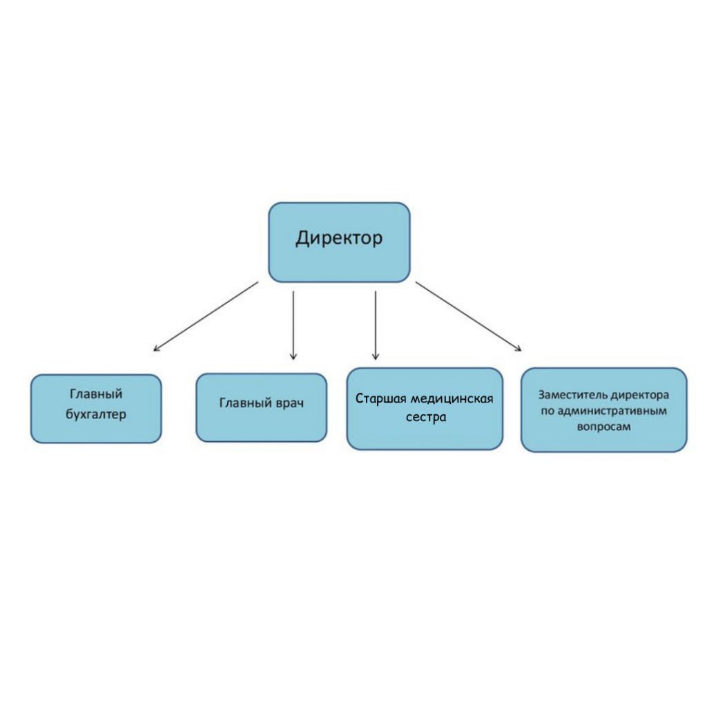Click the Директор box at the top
(x=339, y=242)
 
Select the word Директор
(x=339, y=238)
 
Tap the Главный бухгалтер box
(x=96, y=409)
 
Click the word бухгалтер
(x=96, y=414)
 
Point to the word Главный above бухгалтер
(x=96, y=394)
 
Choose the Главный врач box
(x=261, y=407)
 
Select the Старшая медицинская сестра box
(x=425, y=409)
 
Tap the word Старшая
(x=381, y=398)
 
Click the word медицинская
(x=452, y=398)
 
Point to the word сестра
(x=426, y=417)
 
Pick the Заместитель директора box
(x=604, y=410)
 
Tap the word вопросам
(x=603, y=427)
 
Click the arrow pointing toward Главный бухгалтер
(x=206, y=316)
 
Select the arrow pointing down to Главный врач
(x=293, y=325)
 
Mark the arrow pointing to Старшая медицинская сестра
(x=376, y=325)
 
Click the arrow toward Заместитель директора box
(x=469, y=316)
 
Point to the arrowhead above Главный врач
(x=293, y=357)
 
